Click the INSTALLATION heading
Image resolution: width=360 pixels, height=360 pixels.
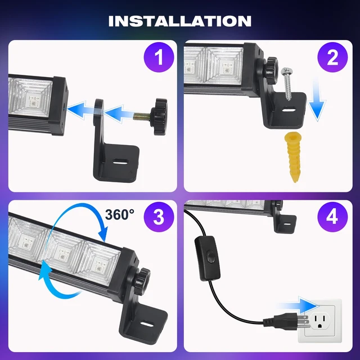pos(180,21)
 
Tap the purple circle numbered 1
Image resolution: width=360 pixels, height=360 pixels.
pos(159,57)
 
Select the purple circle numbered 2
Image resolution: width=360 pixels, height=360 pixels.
pos(332,57)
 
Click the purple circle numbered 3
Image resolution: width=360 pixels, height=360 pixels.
pos(159,217)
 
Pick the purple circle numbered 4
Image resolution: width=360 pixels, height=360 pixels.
pos(332,217)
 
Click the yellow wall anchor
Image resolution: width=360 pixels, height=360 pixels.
pos(292,158)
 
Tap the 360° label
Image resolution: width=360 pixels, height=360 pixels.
pos(120,215)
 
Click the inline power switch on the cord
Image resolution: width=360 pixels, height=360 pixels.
pos(208,259)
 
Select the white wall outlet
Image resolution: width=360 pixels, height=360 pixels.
pos(320,321)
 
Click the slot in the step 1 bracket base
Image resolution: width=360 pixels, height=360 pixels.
pos(120,161)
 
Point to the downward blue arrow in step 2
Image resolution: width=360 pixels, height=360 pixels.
pos(317,99)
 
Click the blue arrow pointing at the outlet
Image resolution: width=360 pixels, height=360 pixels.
pos(298,305)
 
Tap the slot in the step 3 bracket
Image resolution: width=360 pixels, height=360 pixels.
pos(147,324)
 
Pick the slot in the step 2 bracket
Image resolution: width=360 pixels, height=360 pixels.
pos(289,110)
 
